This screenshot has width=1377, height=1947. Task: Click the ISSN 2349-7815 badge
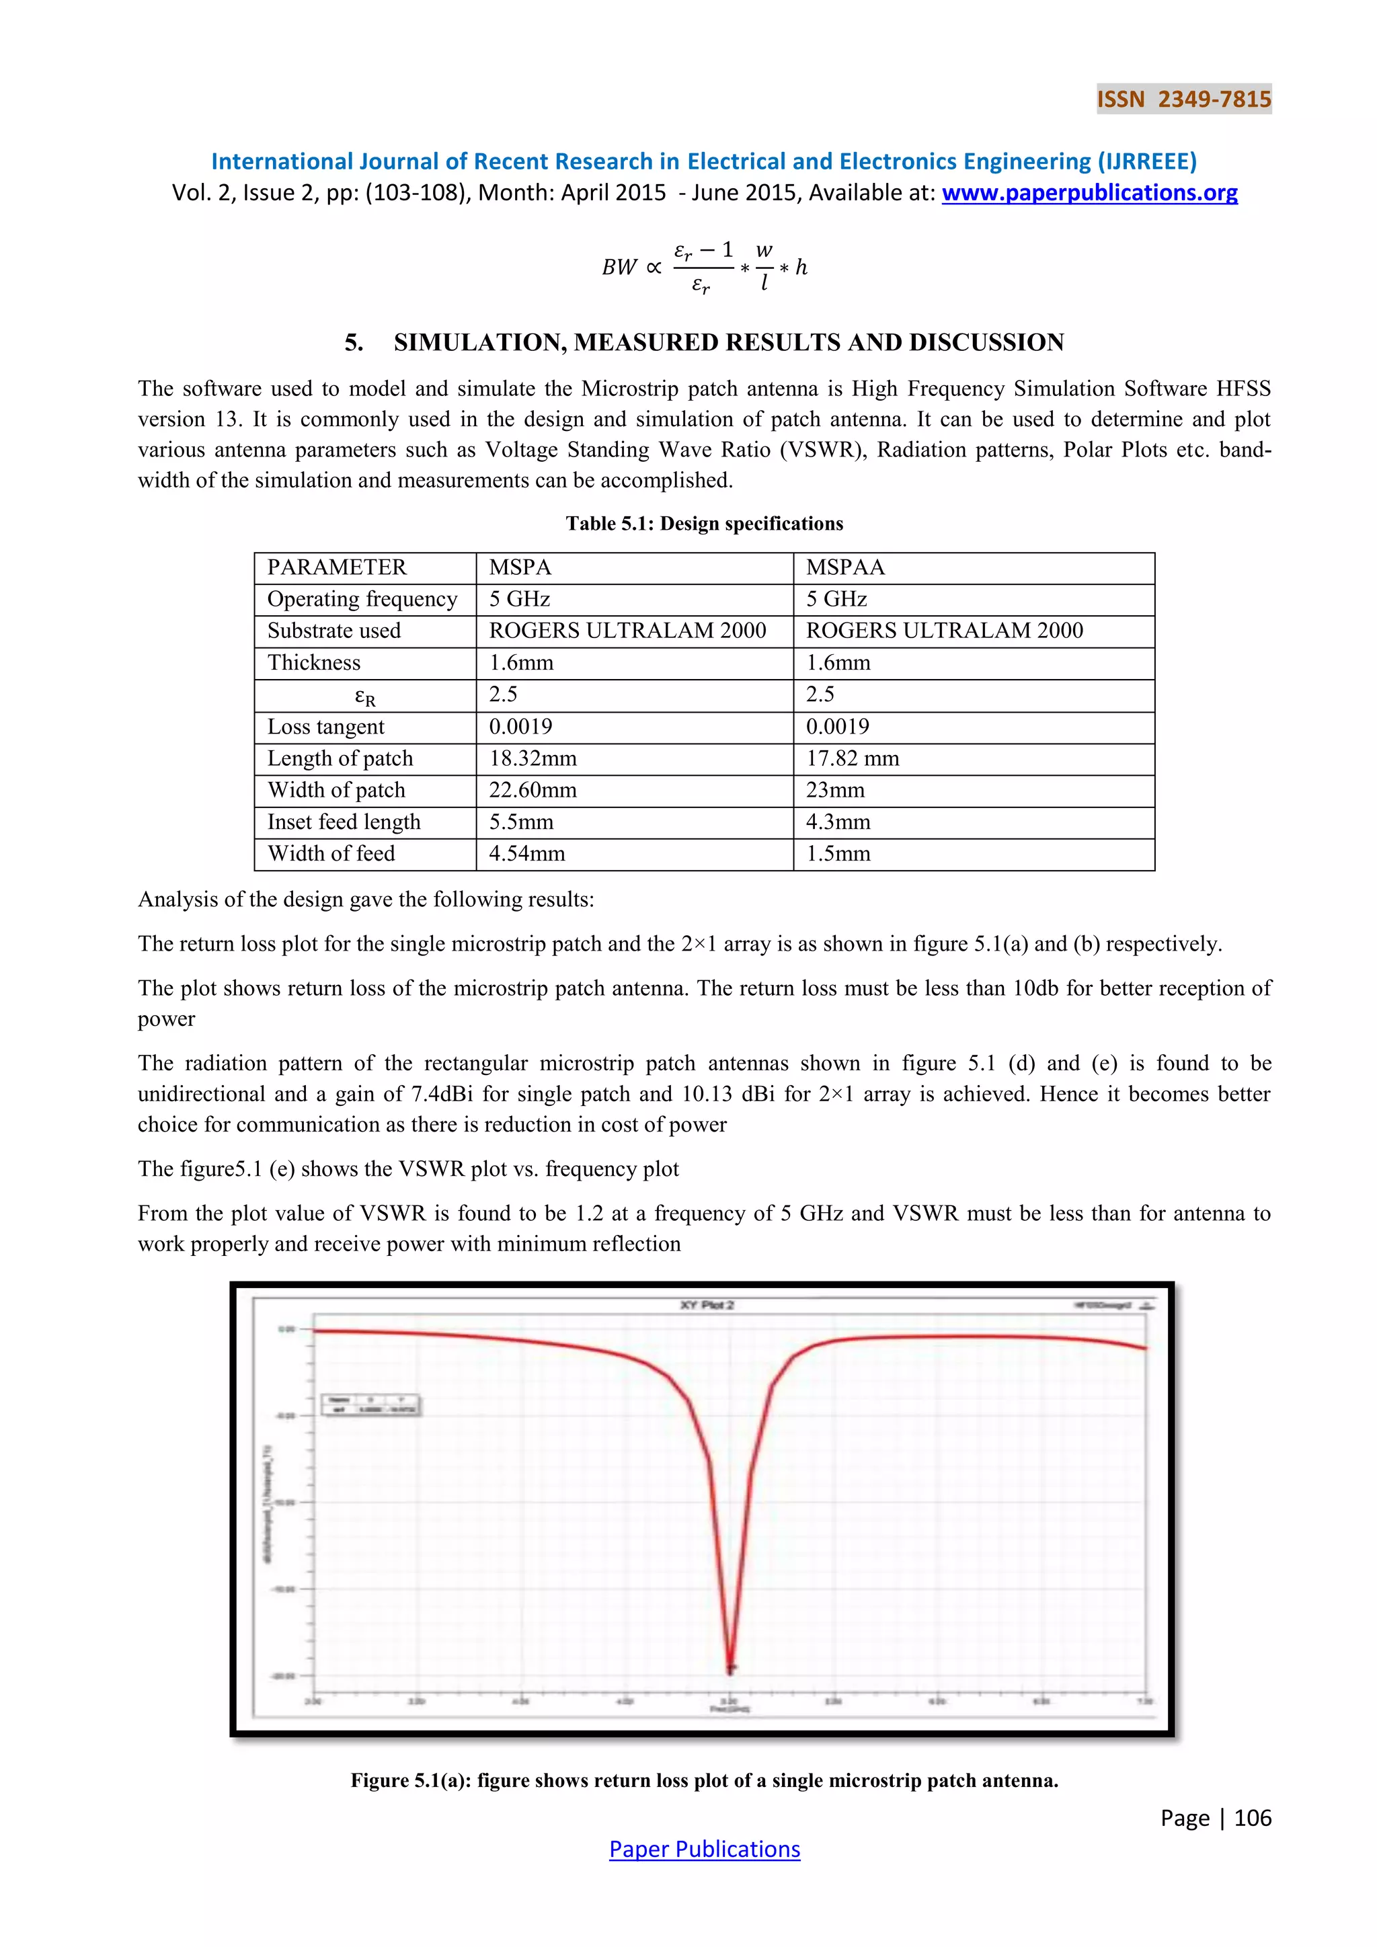1183,100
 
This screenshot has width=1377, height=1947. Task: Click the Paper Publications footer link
704,1849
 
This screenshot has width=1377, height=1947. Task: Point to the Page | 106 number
1215,1817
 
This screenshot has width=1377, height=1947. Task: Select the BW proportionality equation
704,267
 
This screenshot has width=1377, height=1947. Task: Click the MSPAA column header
844,567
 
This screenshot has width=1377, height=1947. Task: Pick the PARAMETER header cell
337,567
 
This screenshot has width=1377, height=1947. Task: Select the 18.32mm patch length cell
533,758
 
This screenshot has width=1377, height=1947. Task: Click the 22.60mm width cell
533,791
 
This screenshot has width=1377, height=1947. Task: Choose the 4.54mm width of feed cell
526,854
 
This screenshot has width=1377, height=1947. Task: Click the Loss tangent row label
325,727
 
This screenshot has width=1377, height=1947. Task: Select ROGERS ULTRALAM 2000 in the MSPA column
627,631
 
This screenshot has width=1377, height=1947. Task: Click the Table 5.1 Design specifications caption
704,523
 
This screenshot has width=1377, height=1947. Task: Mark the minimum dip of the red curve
730,1667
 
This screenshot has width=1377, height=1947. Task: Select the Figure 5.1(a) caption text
704,1780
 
